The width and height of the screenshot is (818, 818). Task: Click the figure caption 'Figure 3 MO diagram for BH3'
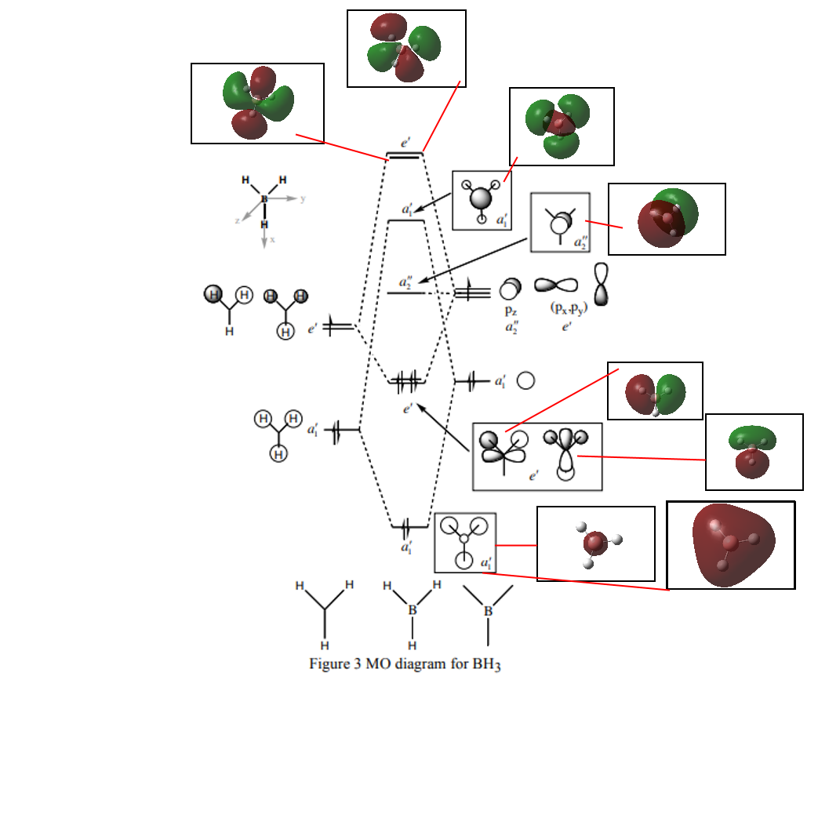(405, 664)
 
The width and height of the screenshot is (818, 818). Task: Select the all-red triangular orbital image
(730, 545)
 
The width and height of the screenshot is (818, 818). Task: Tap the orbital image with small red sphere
(595, 544)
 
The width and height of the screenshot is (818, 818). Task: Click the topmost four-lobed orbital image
(406, 49)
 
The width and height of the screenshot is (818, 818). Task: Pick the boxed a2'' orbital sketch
(560, 223)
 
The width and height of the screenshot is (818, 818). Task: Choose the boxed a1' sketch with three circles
(465, 542)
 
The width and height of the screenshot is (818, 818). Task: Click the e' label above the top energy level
(405, 143)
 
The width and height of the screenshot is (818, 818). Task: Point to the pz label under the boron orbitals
(511, 311)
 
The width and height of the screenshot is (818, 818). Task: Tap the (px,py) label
(556, 308)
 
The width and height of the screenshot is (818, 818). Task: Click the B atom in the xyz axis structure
(264, 199)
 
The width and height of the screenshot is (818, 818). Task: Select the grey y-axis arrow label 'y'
(303, 199)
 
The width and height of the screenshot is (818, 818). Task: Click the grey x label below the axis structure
(273, 240)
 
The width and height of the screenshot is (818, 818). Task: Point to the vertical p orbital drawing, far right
(602, 283)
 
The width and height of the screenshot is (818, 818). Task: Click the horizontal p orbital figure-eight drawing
(556, 285)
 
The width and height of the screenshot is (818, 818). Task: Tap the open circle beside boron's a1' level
(526, 381)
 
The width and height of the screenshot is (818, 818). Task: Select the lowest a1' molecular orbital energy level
(409, 526)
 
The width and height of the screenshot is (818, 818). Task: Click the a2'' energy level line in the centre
(406, 293)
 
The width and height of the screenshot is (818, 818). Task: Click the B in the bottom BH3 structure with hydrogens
(413, 609)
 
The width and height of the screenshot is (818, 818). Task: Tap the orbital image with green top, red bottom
(754, 452)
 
